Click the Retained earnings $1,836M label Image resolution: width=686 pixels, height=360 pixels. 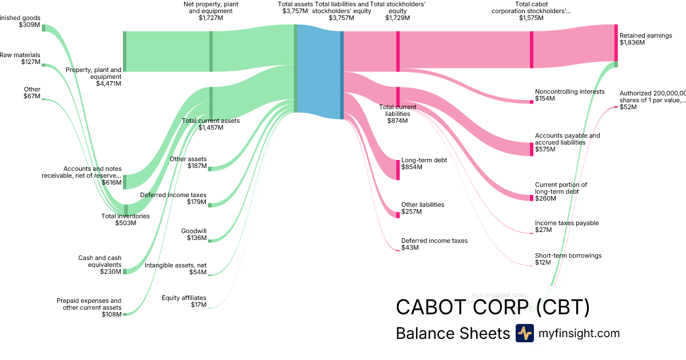645,39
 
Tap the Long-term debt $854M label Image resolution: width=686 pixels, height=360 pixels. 424,163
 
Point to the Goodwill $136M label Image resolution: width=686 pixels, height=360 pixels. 194,234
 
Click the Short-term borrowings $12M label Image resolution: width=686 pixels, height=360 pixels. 568,259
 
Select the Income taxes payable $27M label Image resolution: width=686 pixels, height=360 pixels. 567,226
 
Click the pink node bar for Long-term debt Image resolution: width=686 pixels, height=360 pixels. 398,170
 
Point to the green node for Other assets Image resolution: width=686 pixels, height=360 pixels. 210,169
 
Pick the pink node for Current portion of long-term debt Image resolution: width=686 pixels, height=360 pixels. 532,198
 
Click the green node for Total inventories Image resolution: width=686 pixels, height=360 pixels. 126,209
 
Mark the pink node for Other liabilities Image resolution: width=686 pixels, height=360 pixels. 398,214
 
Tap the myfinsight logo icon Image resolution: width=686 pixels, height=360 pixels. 524,333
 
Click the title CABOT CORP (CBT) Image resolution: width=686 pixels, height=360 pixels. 493,307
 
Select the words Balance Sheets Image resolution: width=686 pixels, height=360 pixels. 452,333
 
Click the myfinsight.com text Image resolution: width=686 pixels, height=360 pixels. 579,333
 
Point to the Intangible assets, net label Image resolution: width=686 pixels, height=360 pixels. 175,269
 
